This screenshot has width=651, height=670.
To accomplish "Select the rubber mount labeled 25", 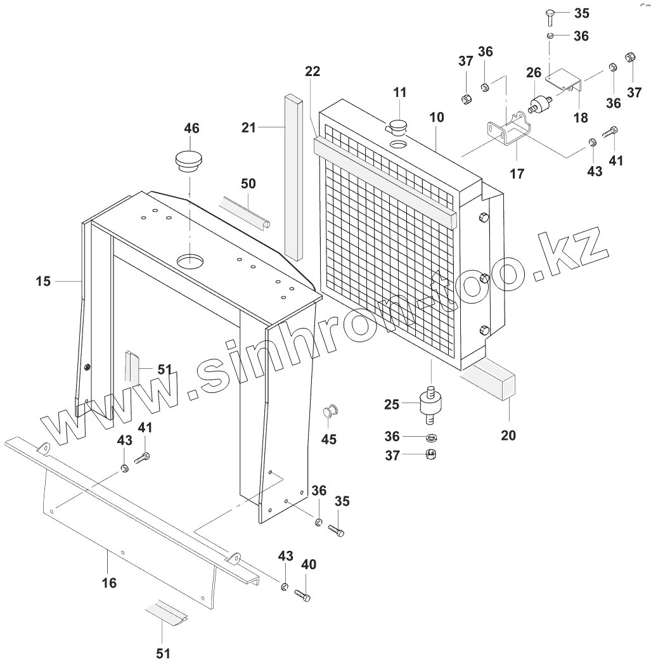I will pos(432,404).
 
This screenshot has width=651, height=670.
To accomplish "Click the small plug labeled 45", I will pos(329,412).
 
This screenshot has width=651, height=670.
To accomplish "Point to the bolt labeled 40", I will pos(303,595).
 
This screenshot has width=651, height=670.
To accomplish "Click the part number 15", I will pos(42,280).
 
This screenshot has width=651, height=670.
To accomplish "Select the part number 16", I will pos(109,582).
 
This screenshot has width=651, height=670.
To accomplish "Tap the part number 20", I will pos(508,435).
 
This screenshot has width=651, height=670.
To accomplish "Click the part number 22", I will pos(312,72).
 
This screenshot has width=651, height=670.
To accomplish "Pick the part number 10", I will pos(436,117).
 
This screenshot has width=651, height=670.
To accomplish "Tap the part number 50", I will pos(248,184).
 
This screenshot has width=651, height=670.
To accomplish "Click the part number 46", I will pos(191,129).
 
